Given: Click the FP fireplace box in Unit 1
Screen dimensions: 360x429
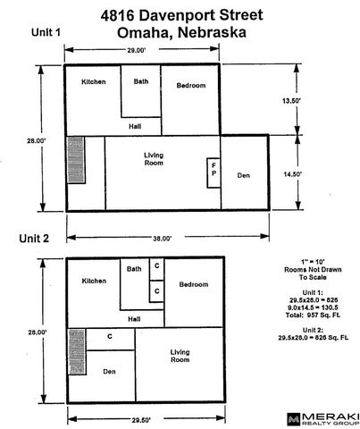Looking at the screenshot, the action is point(213,172).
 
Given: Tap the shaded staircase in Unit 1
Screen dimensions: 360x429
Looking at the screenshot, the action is point(76,160).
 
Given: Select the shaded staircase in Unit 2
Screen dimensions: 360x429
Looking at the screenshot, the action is point(77,351).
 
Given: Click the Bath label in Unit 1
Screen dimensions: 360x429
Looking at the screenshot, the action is point(141,81).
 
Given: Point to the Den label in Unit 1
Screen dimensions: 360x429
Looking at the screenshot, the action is point(244,175).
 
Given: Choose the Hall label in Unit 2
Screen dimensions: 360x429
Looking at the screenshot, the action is point(134,319).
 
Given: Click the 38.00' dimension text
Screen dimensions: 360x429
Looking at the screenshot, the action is point(162,239).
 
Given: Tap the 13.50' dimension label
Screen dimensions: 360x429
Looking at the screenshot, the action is point(291,101).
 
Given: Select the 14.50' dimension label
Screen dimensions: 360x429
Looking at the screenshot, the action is point(292,174).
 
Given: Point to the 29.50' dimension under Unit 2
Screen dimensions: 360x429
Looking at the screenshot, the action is point(141,420).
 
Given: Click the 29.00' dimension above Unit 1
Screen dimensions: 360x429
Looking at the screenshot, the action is point(137,50).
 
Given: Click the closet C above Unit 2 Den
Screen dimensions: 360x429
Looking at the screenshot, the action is point(110,339).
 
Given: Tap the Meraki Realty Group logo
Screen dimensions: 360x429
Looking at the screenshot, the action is point(323,419).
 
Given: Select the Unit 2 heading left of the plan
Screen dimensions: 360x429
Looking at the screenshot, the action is point(34,239).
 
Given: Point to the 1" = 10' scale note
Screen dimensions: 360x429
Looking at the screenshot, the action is point(313,262).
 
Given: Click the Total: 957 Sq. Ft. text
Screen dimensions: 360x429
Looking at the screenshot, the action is point(313,315).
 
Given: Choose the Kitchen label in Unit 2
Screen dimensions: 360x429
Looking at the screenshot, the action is point(94,281).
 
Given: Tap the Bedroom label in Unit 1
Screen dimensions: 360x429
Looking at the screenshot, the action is point(191,86).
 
